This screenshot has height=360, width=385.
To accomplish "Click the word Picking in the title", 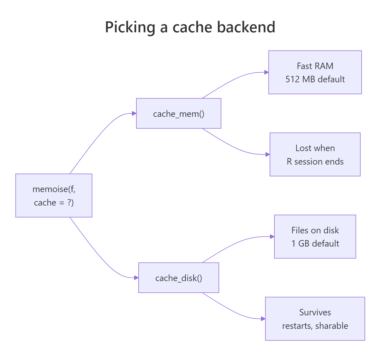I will click(130, 27).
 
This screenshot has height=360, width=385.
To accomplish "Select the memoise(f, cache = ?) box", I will click(54, 195).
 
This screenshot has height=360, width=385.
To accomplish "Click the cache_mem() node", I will click(178, 113).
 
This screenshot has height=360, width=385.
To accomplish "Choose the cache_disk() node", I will click(178, 278).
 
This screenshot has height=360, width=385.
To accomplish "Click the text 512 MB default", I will click(315, 79).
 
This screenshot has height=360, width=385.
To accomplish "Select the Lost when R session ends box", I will click(315, 154).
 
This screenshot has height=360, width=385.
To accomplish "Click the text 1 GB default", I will click(315, 243).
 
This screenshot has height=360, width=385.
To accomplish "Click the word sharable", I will click(331, 326).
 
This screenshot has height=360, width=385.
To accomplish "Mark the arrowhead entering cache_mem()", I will click(134, 113).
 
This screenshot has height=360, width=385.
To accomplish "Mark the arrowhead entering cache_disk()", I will click(136, 278).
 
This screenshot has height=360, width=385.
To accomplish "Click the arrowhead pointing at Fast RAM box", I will click(267, 72).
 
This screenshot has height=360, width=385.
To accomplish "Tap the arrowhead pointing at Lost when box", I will click(268, 154).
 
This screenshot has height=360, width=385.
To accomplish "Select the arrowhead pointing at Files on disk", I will click(272, 237).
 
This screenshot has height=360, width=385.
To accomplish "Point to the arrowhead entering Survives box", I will click(263, 319).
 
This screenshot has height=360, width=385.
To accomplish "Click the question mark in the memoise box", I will click(70, 202).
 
